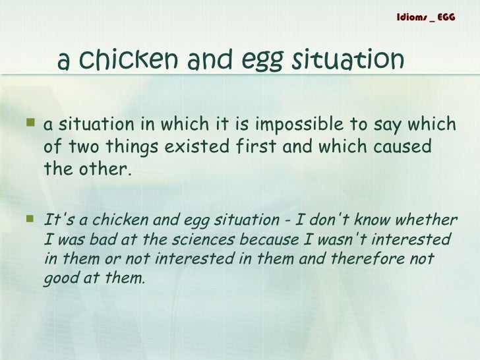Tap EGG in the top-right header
pyautogui.click(x=446, y=16)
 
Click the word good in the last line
pyautogui.click(x=59, y=278)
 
